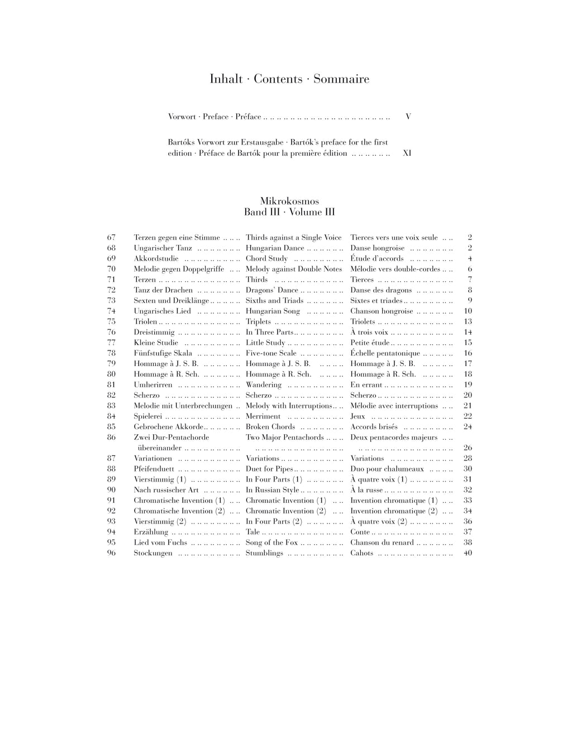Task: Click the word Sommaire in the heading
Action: pos(341,79)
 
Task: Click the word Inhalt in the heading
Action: pos(226,79)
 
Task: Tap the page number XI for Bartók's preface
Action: pos(407,153)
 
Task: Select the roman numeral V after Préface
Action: pos(408,117)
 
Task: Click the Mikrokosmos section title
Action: pos(289,201)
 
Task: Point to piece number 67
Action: pos(111,238)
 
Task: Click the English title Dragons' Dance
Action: pos(272,290)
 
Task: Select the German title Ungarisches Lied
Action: pos(162,311)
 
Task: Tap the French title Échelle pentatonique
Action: pos(385,353)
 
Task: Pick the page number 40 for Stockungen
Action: pos(468,553)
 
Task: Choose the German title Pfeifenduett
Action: pos(154,469)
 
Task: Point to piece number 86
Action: pos(111,438)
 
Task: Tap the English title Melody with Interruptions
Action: pos(289,406)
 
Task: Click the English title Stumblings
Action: pos(264,553)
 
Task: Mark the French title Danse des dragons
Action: pos(381,290)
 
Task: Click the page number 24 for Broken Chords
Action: pos(468,427)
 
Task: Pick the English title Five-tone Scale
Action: pos(271,353)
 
